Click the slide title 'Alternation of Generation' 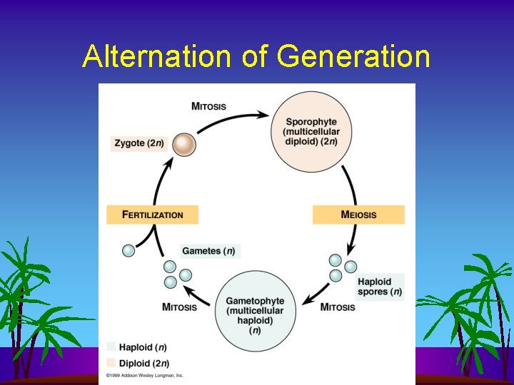[256, 56]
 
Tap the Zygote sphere [184, 145]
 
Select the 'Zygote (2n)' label [139, 143]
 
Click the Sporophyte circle [311, 132]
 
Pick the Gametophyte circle [255, 312]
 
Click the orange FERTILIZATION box [152, 215]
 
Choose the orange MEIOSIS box [358, 215]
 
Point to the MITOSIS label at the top [208, 106]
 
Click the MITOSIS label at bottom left [179, 307]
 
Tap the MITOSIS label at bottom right [338, 307]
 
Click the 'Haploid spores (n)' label [379, 287]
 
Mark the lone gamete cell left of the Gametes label [128, 250]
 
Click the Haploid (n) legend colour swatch [110, 346]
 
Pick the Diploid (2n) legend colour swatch [110, 363]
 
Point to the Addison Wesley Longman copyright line [145, 375]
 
